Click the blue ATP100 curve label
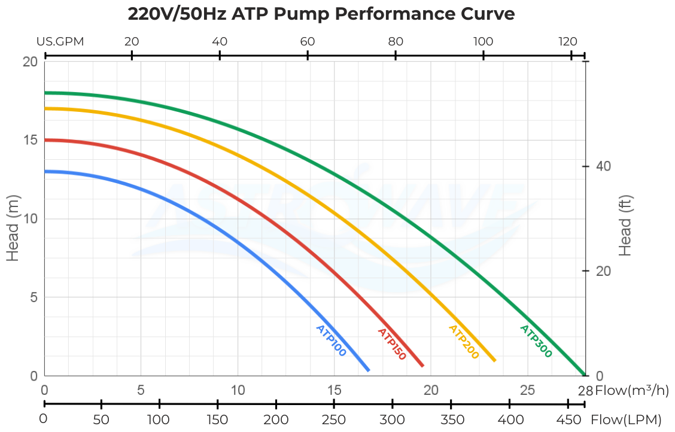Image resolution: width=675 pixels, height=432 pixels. click(331, 341)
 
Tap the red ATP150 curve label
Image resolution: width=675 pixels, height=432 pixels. click(392, 344)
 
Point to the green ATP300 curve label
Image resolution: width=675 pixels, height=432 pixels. click(536, 341)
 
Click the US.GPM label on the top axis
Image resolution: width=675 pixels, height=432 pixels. click(60, 42)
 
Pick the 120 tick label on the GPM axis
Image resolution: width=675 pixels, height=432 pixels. click(568, 42)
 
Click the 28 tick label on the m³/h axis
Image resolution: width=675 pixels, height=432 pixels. click(585, 391)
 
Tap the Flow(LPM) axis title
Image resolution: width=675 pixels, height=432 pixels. click(626, 419)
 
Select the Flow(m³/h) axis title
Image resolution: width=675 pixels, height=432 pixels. click(632, 391)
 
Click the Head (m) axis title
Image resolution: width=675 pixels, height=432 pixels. click(13, 227)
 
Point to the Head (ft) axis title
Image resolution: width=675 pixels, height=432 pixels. click(625, 226)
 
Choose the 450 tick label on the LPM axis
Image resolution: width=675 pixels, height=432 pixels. click(568, 419)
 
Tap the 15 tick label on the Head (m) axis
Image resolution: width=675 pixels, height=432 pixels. click(30, 140)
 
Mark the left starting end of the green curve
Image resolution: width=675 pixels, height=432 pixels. click(45, 93)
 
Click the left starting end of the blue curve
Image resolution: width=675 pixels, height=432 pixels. click(45, 171)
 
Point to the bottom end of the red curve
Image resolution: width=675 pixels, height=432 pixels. click(422, 366)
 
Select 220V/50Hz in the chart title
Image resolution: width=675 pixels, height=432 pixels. click(177, 14)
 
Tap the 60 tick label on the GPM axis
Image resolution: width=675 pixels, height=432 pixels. click(308, 42)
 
